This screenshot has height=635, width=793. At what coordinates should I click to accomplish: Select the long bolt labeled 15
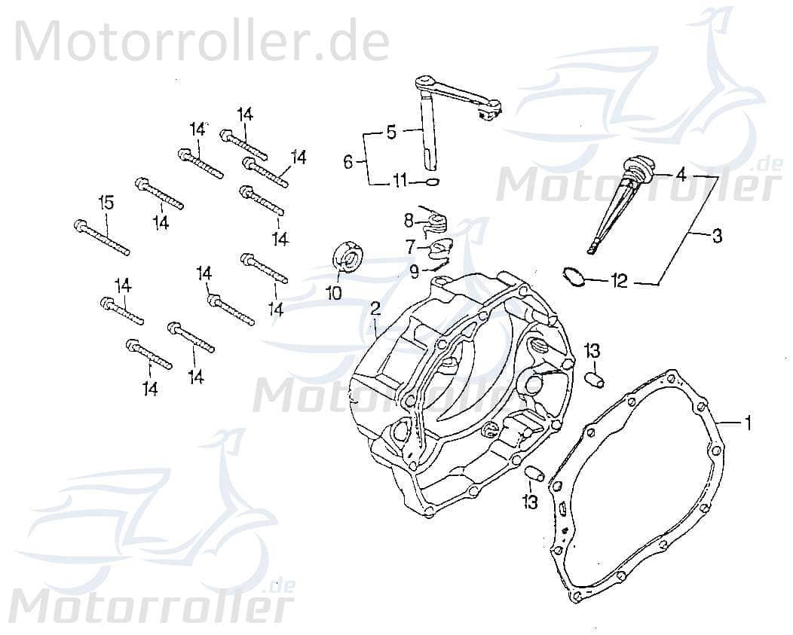pos(102,237)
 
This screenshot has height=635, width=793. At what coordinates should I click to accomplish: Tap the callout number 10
pos(334,292)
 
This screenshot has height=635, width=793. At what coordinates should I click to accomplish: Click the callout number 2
pos(375,308)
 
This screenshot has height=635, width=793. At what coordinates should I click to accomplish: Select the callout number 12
pos(620,282)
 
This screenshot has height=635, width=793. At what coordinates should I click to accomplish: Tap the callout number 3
pos(716,237)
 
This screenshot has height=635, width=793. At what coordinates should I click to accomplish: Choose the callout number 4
pos(681,175)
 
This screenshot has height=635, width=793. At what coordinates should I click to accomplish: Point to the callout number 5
pos(391,133)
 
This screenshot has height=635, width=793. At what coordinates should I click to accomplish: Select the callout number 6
pos(348,161)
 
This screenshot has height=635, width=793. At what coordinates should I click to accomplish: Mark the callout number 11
pos(400,181)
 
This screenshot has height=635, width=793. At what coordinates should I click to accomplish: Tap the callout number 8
pos(408,221)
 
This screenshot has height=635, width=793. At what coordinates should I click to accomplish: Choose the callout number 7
pos(410,246)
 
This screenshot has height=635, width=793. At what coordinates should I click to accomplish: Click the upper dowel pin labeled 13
pos(595,379)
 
